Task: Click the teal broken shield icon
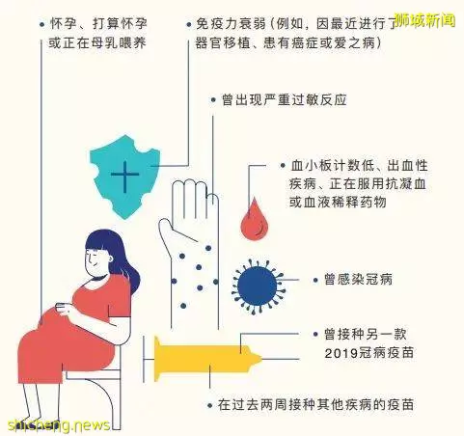[124, 177]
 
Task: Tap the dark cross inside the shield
[124, 176]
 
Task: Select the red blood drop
[255, 219]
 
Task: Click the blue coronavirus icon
[258, 286]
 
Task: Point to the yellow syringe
[205, 358]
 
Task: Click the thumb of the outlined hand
[167, 232]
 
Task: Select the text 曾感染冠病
[358, 279]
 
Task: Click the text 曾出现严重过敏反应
[285, 99]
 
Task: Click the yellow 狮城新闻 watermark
[424, 20]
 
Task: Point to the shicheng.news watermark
[59, 425]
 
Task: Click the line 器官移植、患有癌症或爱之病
[288, 42]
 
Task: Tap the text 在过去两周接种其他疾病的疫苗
[315, 404]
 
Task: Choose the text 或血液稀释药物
[338, 203]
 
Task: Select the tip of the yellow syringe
[261, 359]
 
